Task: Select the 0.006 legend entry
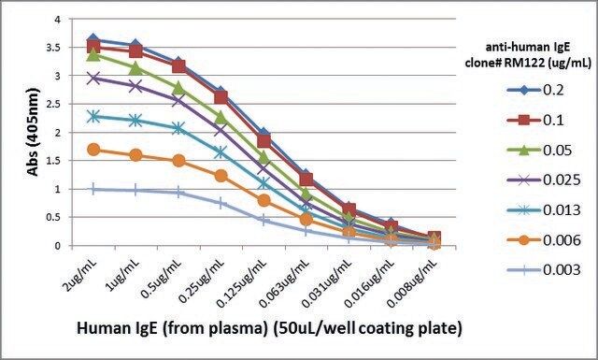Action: [543, 240]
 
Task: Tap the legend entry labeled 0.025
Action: [543, 180]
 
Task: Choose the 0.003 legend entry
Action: [543, 270]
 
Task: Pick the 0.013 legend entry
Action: [543, 210]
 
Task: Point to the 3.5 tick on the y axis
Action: [54, 48]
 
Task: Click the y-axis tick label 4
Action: [58, 19]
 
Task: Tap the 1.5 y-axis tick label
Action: [54, 161]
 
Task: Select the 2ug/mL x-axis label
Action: [81, 274]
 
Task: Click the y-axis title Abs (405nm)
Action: [33, 132]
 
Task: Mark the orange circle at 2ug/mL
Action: [93, 150]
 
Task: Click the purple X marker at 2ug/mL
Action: [93, 79]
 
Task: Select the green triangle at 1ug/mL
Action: [135, 68]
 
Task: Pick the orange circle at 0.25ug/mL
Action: [221, 176]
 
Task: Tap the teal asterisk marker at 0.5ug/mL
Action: [178, 128]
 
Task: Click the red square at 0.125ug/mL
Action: [263, 141]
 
